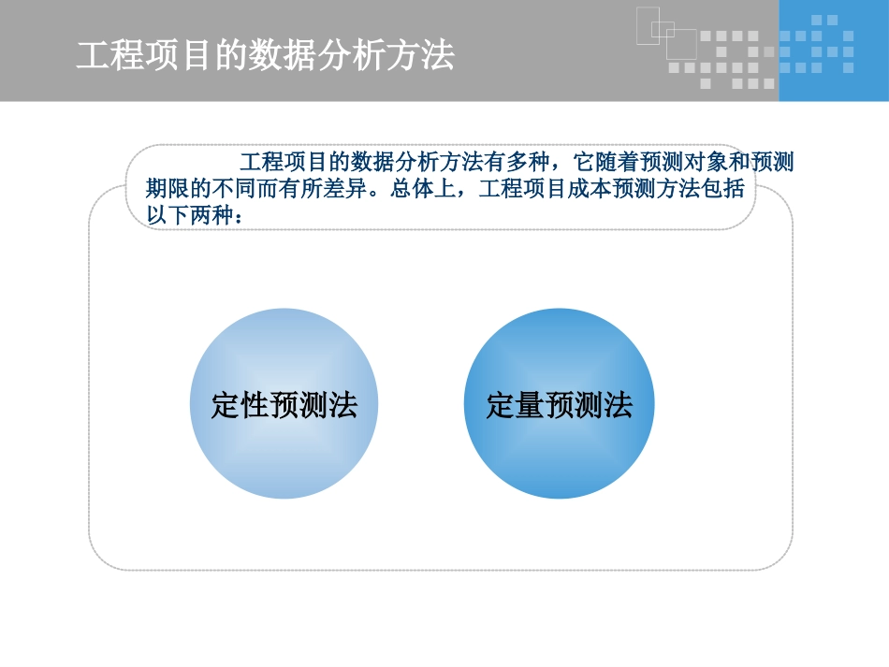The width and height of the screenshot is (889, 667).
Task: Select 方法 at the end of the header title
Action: tap(431, 56)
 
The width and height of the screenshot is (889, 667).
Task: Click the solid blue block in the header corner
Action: tap(833, 51)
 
